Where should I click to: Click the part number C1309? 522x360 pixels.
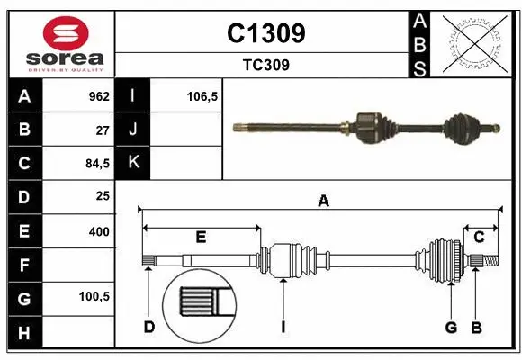click(266, 33)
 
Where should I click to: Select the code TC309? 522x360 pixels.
click(266, 65)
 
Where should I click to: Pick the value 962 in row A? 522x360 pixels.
click(98, 96)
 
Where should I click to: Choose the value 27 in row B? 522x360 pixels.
click(103, 130)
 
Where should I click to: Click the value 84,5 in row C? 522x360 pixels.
click(96, 163)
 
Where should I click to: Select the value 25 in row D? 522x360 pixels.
click(103, 195)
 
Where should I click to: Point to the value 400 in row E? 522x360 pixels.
click(99, 231)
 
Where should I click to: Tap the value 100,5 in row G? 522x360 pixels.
click(95, 296)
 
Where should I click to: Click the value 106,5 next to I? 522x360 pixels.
click(202, 96)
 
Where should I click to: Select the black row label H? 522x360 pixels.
click(24, 333)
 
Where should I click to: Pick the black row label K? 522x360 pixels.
click(133, 163)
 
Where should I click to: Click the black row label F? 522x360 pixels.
click(24, 265)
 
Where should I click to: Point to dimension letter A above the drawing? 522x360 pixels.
click(322, 202)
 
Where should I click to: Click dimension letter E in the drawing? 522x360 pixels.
click(201, 237)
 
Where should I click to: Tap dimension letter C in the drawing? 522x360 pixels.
click(479, 237)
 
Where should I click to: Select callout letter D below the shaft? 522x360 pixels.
click(148, 327)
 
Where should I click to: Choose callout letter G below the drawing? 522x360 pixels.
click(451, 327)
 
